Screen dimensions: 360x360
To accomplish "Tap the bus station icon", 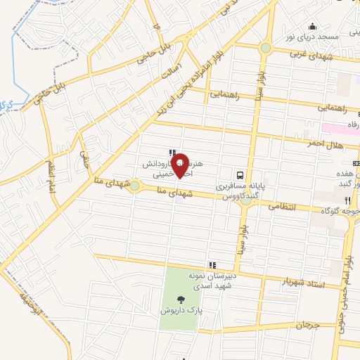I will pos(240,175).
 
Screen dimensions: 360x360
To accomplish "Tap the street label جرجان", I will pos(307,325).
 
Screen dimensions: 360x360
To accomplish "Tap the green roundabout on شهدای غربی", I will pos(265,48).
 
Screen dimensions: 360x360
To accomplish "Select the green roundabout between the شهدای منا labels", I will pos(134,186).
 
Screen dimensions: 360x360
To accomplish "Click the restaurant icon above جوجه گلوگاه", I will pos(347,200).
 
